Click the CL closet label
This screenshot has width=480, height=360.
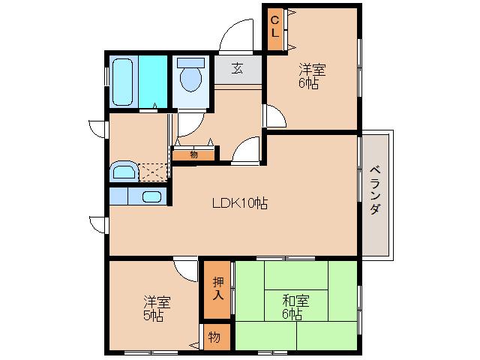[274, 28]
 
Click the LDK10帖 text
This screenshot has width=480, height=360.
[239, 202]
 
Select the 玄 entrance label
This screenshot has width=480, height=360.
[237, 69]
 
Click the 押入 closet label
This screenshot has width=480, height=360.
[217, 289]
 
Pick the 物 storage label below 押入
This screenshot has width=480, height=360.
[214, 337]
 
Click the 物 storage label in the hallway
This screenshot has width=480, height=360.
[193, 154]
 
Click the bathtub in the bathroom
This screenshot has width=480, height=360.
[124, 80]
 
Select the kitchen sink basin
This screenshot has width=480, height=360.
[152, 197]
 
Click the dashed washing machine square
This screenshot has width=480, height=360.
[154, 172]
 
